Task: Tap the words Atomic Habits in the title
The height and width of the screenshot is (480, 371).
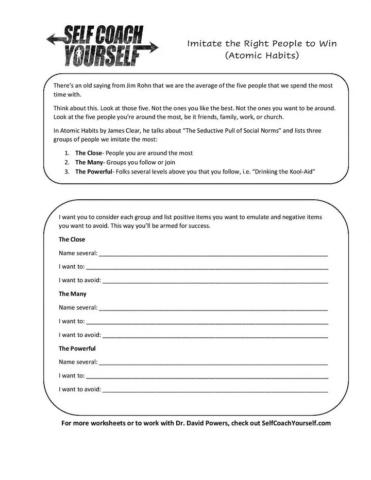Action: click(x=262, y=55)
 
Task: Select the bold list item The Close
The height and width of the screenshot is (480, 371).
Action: click(x=89, y=153)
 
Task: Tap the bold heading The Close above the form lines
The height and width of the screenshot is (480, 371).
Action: click(x=72, y=239)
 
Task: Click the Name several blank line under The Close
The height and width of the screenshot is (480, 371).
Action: click(x=213, y=254)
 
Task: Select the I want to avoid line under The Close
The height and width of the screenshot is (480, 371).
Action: click(x=215, y=281)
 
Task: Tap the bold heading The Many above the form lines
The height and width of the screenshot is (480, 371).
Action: click(x=73, y=294)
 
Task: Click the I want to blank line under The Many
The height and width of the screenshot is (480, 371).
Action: click(x=207, y=322)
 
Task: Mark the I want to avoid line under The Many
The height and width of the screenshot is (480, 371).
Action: click(x=215, y=335)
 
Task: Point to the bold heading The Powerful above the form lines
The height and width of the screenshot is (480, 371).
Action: click(x=77, y=349)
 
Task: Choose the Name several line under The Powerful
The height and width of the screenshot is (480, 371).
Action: click(x=213, y=363)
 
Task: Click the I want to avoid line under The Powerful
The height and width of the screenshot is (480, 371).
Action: click(x=215, y=390)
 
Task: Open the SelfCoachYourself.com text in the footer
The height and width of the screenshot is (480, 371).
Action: click(x=296, y=423)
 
